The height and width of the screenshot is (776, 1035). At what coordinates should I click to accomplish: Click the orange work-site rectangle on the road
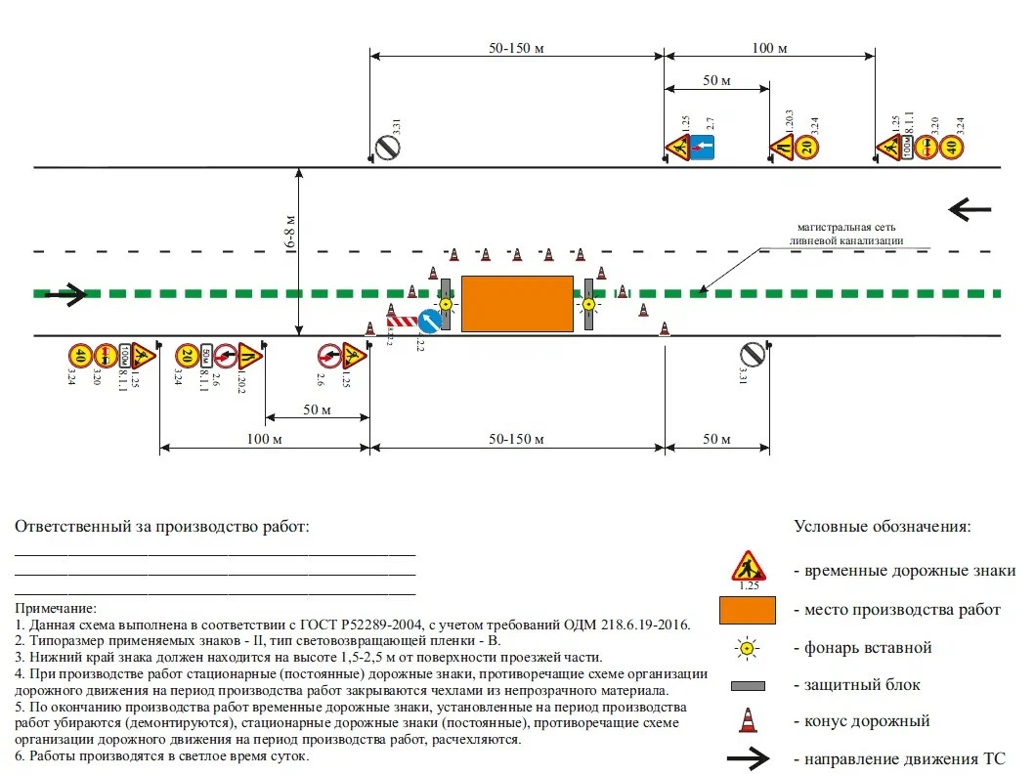point(517,304)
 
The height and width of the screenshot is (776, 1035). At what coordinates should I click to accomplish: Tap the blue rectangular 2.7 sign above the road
point(704,149)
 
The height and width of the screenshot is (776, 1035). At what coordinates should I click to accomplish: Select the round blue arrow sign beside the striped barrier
point(429,322)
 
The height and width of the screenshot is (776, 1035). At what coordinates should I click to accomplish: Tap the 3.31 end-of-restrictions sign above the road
point(389,148)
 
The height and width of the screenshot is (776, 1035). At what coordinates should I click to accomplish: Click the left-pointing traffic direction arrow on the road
point(970,209)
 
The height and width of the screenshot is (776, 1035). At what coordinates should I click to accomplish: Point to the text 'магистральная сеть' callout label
point(847,228)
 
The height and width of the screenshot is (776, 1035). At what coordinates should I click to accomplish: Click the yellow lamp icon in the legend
point(748,647)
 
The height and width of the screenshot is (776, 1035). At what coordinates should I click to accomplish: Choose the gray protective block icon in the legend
point(748,685)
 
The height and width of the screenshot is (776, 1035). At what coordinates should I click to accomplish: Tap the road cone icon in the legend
point(748,720)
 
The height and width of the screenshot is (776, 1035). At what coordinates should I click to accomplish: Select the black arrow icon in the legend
point(748,758)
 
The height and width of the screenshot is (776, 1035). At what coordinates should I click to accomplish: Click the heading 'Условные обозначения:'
point(883,527)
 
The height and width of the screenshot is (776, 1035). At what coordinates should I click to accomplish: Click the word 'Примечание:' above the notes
point(57,608)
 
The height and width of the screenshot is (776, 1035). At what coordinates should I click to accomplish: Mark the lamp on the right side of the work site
point(588,304)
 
